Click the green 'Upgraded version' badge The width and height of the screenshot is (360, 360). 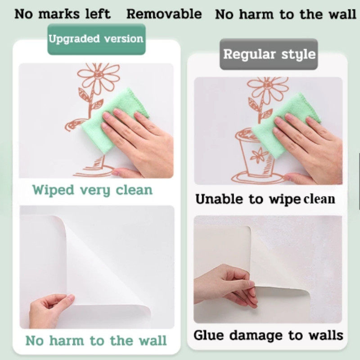click(x=96, y=39)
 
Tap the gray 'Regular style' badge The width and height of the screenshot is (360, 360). click(x=269, y=54)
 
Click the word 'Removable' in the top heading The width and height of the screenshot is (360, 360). click(x=164, y=14)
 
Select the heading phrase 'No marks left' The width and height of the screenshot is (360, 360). click(x=63, y=14)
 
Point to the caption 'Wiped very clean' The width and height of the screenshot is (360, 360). click(x=92, y=190)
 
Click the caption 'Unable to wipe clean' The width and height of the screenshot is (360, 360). click(x=265, y=199)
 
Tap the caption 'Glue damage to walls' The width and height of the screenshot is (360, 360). click(x=268, y=335)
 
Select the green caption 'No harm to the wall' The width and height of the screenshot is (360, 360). click(x=96, y=340)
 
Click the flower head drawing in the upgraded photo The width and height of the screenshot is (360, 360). click(x=99, y=76)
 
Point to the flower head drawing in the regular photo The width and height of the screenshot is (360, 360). click(x=268, y=87)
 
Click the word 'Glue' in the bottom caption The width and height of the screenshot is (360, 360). click(x=208, y=335)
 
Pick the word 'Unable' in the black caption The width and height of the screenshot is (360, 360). click(x=219, y=198)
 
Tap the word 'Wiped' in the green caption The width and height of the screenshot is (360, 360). click(x=53, y=190)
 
